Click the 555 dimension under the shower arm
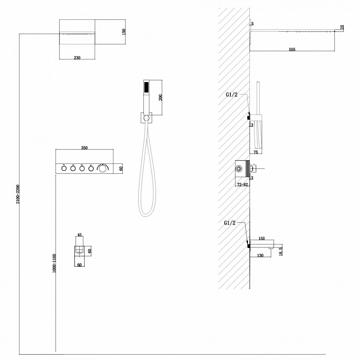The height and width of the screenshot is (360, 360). pyautogui.click(x=292, y=49)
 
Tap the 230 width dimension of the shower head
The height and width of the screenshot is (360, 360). pyautogui.click(x=77, y=58)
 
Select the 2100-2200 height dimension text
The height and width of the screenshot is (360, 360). pyautogui.click(x=18, y=194)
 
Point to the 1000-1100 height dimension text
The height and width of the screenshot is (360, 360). pyautogui.click(x=54, y=263)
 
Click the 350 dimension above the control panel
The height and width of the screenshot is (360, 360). pyautogui.click(x=84, y=148)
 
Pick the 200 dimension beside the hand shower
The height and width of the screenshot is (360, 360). pyautogui.click(x=161, y=98)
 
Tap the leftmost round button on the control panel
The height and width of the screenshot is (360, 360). pyautogui.click(x=64, y=168)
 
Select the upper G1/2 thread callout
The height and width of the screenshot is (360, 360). pyautogui.click(x=231, y=95)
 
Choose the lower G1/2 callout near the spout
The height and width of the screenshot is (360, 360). pyautogui.click(x=230, y=223)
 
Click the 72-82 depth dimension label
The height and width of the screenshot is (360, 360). pyautogui.click(x=243, y=184)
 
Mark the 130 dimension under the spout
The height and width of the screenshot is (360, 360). pyautogui.click(x=260, y=255)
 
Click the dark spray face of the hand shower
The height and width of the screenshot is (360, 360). pyautogui.click(x=146, y=87)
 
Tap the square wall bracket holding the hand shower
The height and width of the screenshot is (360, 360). pyautogui.click(x=146, y=118)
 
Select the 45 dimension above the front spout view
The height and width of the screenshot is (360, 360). pyautogui.click(x=80, y=235)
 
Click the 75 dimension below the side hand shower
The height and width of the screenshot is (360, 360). pyautogui.click(x=256, y=152)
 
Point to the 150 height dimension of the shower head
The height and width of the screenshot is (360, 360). pyautogui.click(x=124, y=32)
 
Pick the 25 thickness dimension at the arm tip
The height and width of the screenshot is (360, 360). pyautogui.click(x=342, y=27)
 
